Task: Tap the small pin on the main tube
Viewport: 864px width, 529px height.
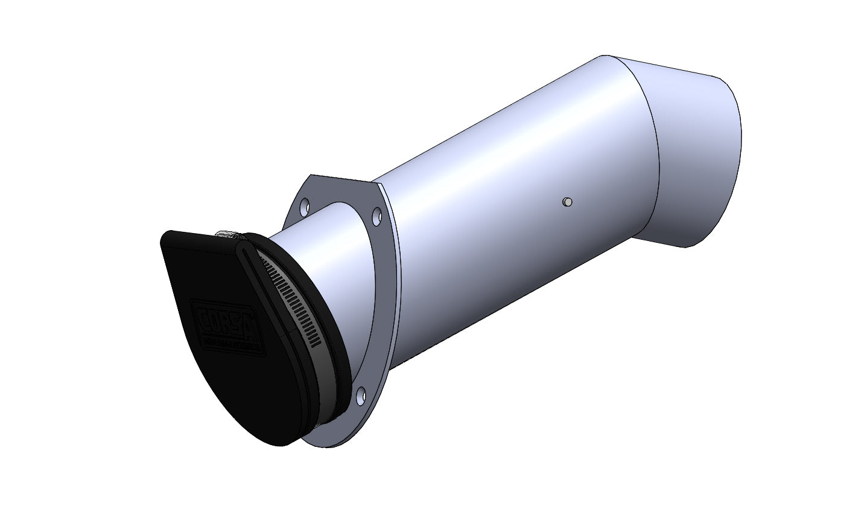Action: click(x=566, y=202)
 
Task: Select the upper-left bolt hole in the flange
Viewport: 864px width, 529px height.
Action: click(x=305, y=206)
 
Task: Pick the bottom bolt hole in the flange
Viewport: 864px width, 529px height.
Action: click(x=360, y=396)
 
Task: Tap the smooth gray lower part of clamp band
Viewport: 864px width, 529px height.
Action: click(x=329, y=386)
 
